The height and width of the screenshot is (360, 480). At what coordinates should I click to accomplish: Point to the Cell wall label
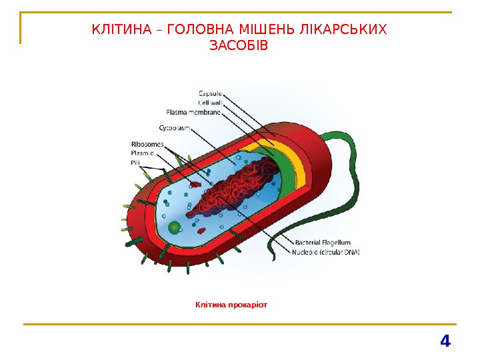coord(211,103)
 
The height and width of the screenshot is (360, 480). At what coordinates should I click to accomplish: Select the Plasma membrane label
coord(193,112)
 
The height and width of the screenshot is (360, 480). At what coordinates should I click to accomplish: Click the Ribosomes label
coord(147,143)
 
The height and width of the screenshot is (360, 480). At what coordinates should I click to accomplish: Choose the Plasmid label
coord(142,153)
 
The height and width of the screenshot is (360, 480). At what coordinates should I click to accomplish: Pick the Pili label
coord(135,162)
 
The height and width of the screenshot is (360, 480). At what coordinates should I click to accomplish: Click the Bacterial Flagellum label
coord(321,243)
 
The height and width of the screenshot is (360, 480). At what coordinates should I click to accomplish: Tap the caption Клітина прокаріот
coord(231,305)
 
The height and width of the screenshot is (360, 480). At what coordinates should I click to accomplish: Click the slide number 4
coord(445,342)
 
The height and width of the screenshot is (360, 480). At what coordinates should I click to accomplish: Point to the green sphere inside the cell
coord(175,228)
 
